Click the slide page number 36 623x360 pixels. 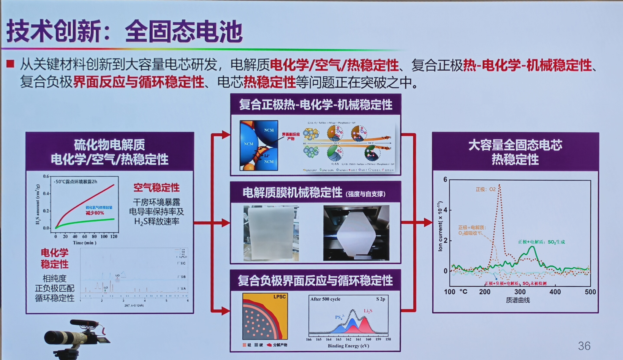click(584, 346)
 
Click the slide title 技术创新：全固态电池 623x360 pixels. click(125, 31)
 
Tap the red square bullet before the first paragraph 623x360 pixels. click(10, 64)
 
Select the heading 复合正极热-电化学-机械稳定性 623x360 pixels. click(315, 105)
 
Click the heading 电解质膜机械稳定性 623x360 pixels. click(293, 193)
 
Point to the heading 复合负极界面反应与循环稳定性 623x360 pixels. click(315, 281)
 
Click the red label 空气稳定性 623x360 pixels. click(156, 188)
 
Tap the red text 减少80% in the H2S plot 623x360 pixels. click(95, 213)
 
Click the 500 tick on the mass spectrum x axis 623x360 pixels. click(590, 292)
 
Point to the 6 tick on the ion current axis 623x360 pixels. click(445, 180)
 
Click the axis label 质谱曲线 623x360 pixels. click(517, 300)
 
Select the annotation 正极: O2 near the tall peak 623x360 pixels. click(485, 189)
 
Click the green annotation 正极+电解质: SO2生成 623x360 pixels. click(541, 242)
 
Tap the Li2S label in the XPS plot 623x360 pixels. click(368, 311)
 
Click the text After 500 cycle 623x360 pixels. click(325, 299)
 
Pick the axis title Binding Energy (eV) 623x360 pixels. click(348, 346)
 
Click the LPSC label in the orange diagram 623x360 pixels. click(279, 297)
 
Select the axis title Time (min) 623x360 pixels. click(84, 243)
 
